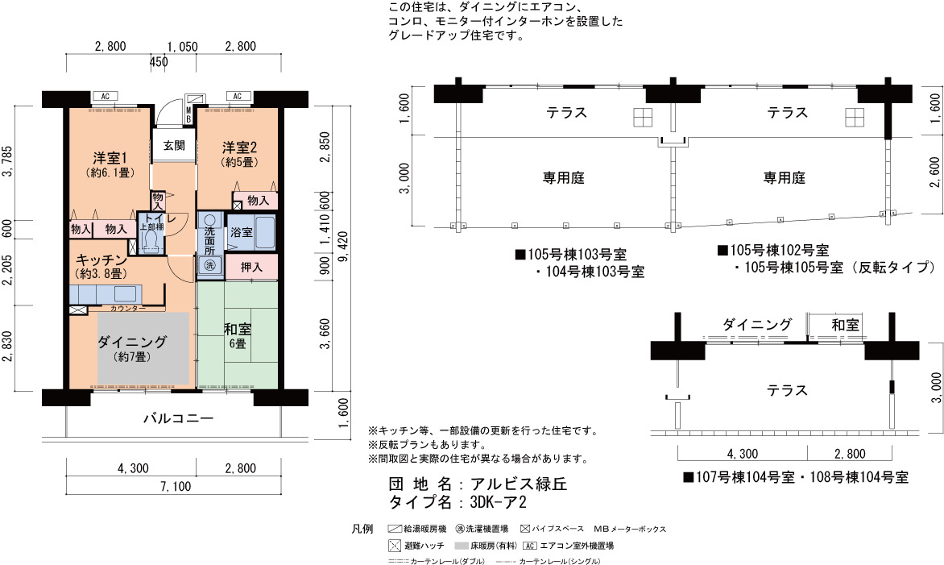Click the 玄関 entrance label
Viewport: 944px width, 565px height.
[x=174, y=145]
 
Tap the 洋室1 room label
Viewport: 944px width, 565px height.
[x=110, y=158]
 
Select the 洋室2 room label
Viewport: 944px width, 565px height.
[x=239, y=147]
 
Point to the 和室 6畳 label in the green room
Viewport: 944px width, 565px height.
[x=237, y=335]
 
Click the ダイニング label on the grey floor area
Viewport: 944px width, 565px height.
[x=132, y=342]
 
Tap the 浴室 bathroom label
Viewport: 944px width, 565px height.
[x=242, y=232]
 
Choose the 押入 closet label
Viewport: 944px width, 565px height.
[x=251, y=266]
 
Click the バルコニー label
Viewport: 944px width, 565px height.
[x=178, y=418]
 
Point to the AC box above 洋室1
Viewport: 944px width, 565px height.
[x=105, y=97]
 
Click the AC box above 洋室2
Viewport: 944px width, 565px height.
[x=237, y=97]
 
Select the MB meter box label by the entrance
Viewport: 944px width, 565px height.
[x=188, y=114]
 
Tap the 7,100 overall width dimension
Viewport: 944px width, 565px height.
[x=176, y=486]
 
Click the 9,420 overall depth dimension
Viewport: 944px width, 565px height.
[x=342, y=243]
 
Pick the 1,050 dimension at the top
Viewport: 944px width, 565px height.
[x=182, y=47]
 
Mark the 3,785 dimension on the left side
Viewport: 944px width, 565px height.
[x=8, y=162]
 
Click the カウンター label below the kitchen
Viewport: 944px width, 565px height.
[x=127, y=309]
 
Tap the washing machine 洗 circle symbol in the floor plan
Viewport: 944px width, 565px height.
[x=209, y=264]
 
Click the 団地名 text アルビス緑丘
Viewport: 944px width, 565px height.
[x=519, y=484]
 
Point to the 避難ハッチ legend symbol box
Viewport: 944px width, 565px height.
[x=395, y=546]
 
